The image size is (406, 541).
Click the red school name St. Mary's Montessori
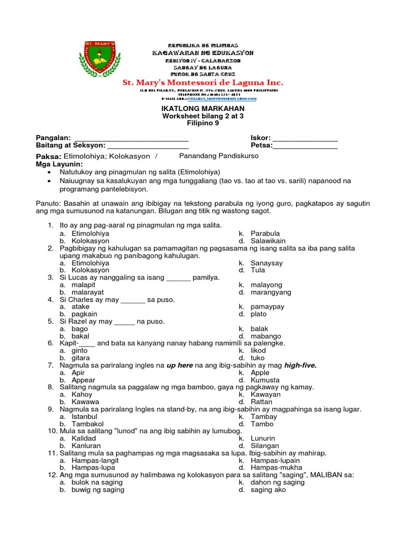(203, 83)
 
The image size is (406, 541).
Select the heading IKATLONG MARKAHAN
(203, 108)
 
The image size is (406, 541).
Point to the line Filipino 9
(203, 123)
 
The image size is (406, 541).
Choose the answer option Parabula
(265, 233)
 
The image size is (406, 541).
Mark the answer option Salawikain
(269, 240)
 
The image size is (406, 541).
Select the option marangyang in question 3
(271, 292)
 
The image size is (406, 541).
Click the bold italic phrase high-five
(300, 365)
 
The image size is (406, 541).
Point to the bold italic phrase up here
(180, 365)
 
